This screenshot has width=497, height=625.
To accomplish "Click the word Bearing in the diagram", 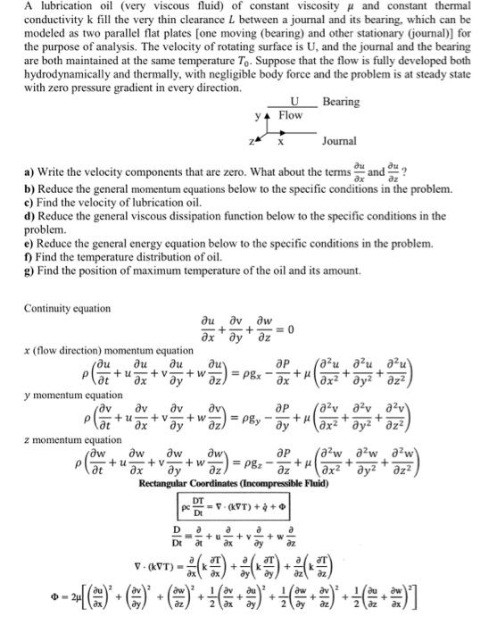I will tap(342, 103).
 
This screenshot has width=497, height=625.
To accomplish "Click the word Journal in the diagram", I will tap(339, 142).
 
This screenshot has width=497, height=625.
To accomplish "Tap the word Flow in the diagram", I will tap(290, 116).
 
